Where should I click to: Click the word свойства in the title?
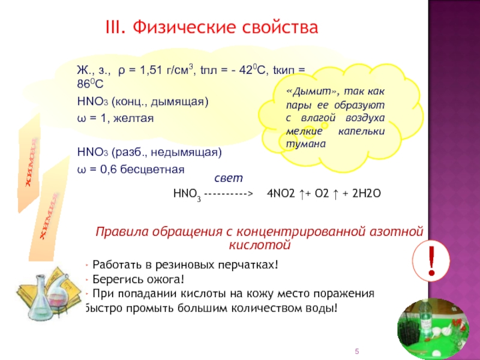point(280,27)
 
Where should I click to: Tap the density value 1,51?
point(151,70)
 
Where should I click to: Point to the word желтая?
point(133,118)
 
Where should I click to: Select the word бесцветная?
point(152,169)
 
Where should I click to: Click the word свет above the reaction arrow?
point(229,178)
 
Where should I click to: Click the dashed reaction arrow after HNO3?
point(229,194)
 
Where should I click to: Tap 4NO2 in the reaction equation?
point(281,193)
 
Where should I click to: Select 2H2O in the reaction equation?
point(367,193)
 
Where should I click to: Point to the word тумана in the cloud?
point(306,144)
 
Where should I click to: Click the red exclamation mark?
point(431,261)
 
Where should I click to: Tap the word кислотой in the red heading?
point(260,245)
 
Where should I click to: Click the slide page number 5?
point(356,351)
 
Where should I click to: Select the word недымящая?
point(186,152)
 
